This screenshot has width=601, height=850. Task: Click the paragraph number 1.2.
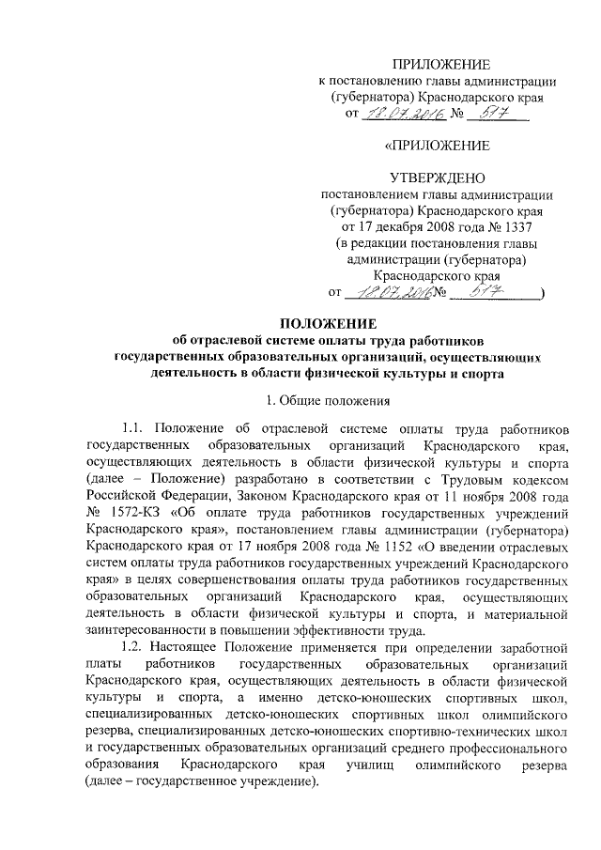(137, 648)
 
